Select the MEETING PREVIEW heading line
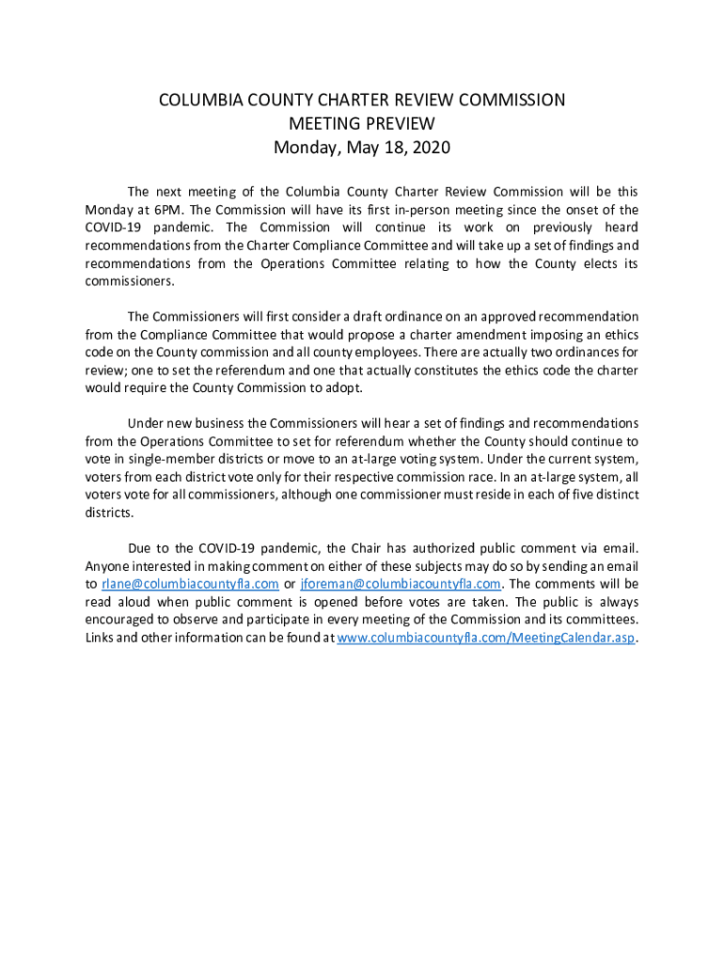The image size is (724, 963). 362,123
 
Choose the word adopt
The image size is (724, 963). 341,387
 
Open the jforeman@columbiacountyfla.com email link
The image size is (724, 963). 400,584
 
